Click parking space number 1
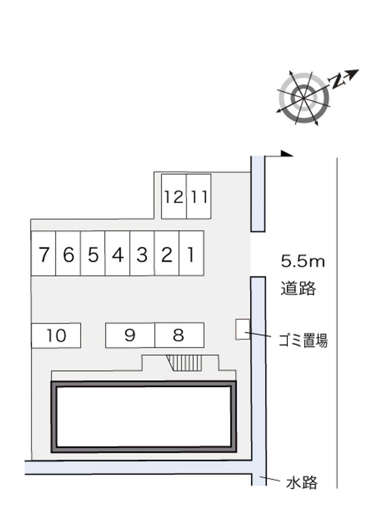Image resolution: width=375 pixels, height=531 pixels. pos(191,253)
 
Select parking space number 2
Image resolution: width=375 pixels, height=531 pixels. pos(166,253)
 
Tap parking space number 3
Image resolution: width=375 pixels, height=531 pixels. pos(142,253)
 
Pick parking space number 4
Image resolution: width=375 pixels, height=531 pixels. pos(118,253)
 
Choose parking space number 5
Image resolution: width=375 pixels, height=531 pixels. pos(93,253)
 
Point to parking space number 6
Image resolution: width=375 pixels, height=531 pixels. pos(68,253)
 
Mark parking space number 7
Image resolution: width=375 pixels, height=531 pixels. pos(43,253)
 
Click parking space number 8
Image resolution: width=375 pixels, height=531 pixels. pos(180,335)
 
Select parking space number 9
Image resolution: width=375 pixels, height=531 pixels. pos(130,335)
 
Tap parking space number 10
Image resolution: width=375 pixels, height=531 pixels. pos(56,335)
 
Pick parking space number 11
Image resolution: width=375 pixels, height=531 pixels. pos(199,197)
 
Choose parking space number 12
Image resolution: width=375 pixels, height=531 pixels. pos(174,197)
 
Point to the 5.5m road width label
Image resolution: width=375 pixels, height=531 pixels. pos(303,261)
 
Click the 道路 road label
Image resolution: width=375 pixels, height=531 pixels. pos(298,288)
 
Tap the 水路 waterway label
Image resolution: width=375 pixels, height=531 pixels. pos(302,482)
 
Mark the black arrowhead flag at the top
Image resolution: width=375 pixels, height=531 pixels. pos(287,154)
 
